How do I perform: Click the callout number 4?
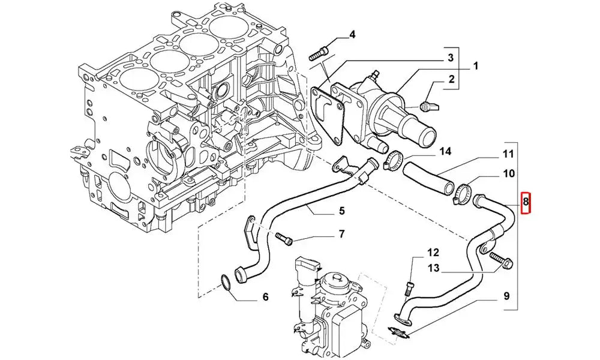(x=352, y=34)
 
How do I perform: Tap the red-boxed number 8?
(x=526, y=202)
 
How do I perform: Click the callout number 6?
(x=265, y=297)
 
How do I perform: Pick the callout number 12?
(x=433, y=253)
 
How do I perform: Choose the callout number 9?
(x=506, y=295)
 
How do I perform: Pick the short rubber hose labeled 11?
(x=428, y=176)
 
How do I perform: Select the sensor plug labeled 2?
(x=427, y=107)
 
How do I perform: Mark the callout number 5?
(x=341, y=211)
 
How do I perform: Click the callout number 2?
(x=451, y=79)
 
